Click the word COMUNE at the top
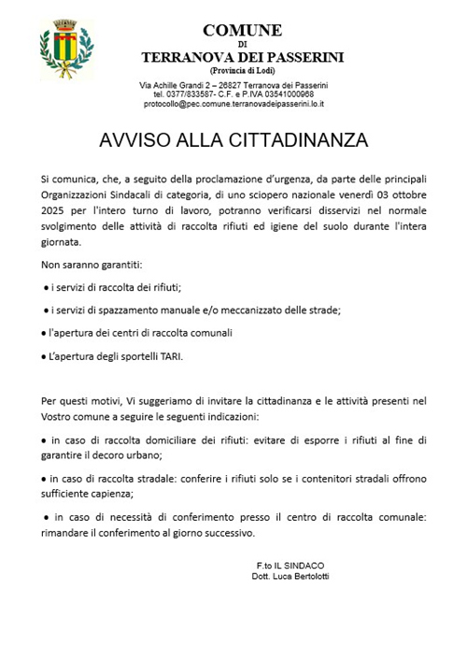click(242, 30)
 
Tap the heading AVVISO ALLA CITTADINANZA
click(233, 140)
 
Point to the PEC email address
click(238, 105)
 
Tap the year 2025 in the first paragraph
click(58, 212)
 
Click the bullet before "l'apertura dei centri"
click(45, 333)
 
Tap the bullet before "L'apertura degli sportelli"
click(45, 356)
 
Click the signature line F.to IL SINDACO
click(290, 565)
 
